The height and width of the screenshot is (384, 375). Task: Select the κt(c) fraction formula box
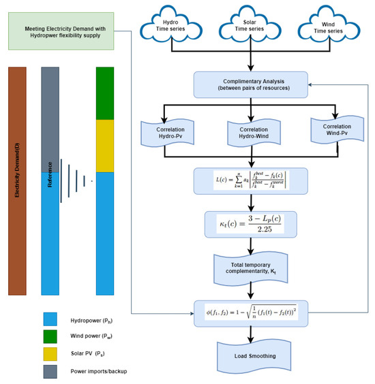pyautogui.click(x=251, y=224)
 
